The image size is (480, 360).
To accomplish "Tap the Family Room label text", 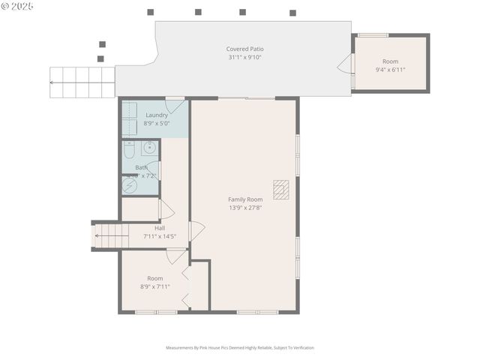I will (x=245, y=199).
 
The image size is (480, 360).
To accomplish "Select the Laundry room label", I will (x=156, y=115).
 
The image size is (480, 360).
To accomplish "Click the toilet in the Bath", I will (x=129, y=151).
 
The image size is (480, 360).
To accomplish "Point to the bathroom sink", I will (x=149, y=147).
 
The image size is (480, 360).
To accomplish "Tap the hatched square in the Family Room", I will (x=280, y=190).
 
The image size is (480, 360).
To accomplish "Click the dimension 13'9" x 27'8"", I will (x=245, y=208).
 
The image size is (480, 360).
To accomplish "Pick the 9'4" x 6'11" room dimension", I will (x=390, y=70).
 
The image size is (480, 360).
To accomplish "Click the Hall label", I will (x=160, y=228).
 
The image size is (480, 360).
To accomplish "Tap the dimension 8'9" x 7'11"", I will (x=154, y=286).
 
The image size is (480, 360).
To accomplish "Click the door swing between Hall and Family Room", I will (x=196, y=231).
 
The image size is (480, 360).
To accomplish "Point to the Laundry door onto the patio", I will (x=175, y=105).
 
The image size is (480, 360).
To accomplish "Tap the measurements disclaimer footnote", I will (x=240, y=348).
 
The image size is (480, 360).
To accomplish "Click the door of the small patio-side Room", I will (x=346, y=64).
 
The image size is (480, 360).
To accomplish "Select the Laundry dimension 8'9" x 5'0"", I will (x=156, y=123).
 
